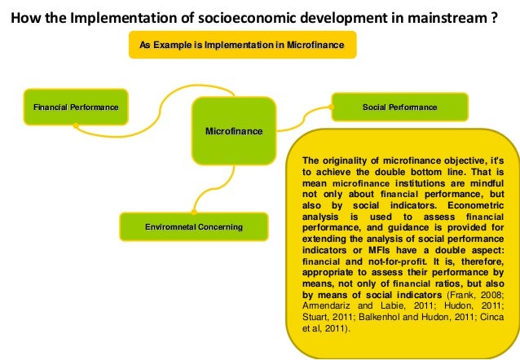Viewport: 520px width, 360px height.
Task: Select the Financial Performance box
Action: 75,108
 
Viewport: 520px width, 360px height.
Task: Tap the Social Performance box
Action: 399,108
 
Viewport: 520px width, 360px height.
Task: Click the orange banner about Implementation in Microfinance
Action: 242,45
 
